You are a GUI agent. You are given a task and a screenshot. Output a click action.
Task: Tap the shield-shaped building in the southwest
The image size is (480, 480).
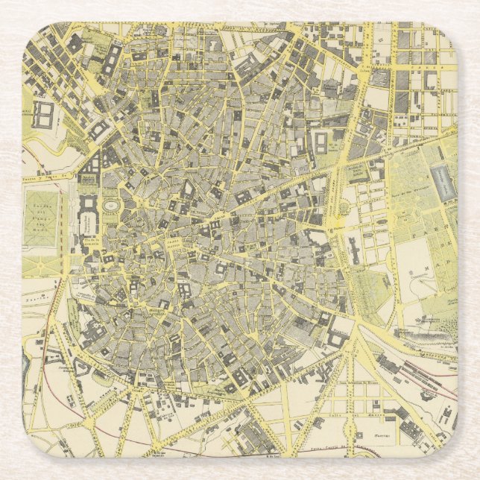click(x=80, y=370)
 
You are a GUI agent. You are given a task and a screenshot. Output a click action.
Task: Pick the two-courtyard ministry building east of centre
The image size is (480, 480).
click(x=321, y=142)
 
